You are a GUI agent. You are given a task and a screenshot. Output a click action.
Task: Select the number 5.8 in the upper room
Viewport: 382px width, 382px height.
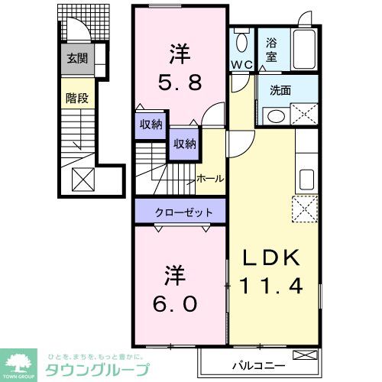coord(180,83)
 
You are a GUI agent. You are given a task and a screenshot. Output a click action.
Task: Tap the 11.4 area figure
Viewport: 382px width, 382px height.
coord(273,287)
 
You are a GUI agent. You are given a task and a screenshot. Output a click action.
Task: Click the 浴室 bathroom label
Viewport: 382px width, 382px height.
coord(271,50)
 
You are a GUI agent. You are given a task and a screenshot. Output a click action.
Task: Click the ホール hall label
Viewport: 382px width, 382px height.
coord(210,179)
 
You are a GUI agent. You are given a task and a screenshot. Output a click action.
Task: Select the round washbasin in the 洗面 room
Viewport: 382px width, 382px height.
coord(276,115)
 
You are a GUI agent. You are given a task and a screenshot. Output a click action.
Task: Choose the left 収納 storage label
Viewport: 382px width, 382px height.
coord(151,125)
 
